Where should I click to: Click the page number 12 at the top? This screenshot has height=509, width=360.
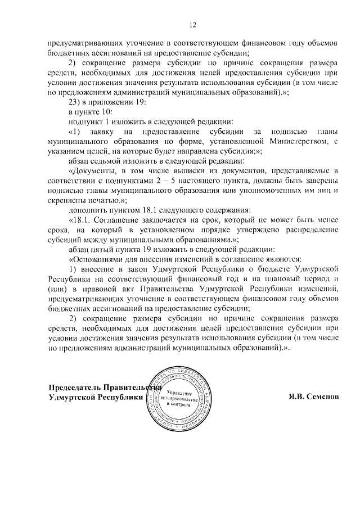point(192,25)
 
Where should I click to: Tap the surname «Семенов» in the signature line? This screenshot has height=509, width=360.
point(320,397)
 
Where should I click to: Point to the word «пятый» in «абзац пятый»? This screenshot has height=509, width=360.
point(104,249)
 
